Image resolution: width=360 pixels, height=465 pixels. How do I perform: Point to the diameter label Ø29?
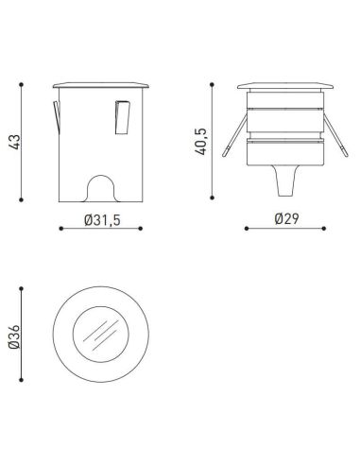click(285, 219)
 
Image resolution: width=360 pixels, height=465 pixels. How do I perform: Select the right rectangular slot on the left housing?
click(122, 116)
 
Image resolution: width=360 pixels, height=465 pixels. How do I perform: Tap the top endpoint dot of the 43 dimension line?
click(21, 83)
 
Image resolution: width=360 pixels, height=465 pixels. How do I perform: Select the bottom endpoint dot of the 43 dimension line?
click(21, 200)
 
